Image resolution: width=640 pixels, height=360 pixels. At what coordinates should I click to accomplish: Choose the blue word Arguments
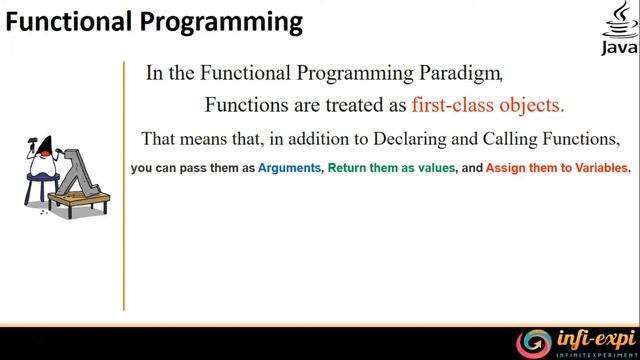289,168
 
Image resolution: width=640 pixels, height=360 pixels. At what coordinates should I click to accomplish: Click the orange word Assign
506,168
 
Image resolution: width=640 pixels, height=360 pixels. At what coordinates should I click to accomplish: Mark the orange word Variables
598,168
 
